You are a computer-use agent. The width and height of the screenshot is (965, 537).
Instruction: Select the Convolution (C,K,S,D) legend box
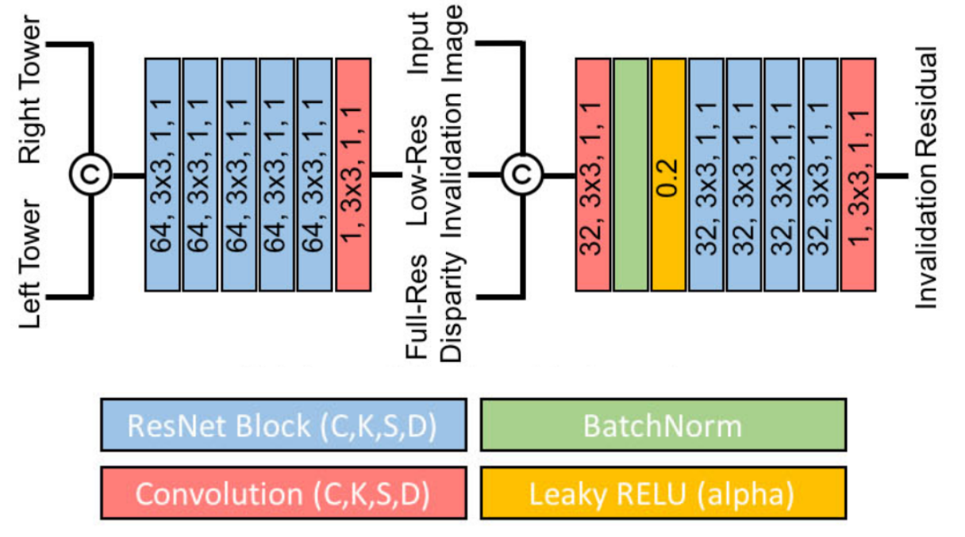[x=283, y=493]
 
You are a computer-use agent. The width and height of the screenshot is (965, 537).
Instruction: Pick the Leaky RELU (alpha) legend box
[x=663, y=493]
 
